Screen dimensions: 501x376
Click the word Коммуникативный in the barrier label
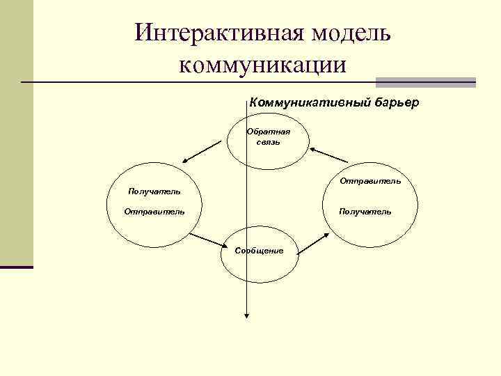(302, 102)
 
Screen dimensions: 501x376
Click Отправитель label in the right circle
(370, 181)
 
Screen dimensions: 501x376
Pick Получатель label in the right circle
(365, 211)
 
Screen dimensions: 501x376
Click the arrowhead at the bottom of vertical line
(246, 315)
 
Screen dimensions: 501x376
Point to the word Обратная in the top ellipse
(269, 131)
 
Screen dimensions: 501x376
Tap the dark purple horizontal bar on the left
(17, 267)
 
